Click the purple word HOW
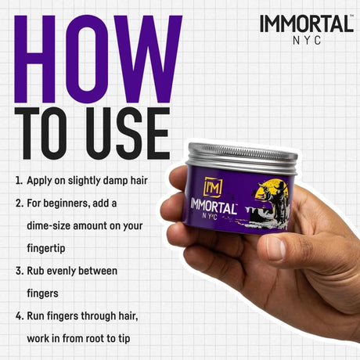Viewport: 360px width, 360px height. point(98,59)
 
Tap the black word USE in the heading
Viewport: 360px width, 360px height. point(128,133)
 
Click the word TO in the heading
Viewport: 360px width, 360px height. point(41,133)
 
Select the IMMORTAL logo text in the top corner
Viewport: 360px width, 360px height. point(307,24)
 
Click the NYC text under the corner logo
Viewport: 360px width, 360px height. point(307,41)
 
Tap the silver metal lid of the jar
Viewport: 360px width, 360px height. point(242,158)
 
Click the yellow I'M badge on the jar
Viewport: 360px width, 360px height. point(213,187)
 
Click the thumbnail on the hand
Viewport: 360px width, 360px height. point(275,248)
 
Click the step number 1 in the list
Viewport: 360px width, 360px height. point(19,181)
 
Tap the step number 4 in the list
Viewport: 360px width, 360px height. point(19,316)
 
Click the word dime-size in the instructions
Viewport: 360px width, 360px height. point(49,226)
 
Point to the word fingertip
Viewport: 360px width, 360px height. point(46,249)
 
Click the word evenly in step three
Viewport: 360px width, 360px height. point(61,271)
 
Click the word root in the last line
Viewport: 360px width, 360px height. point(95,339)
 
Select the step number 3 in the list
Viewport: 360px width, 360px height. point(19,271)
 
